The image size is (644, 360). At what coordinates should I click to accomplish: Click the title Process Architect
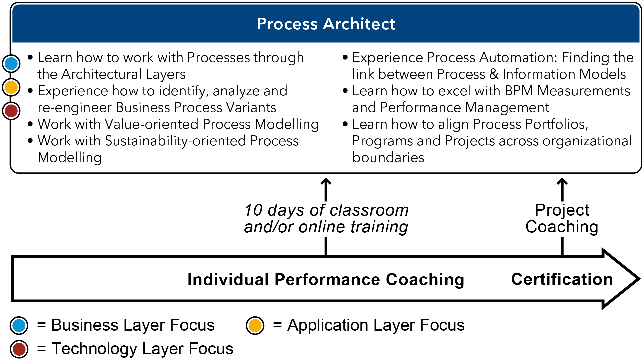coord(326,24)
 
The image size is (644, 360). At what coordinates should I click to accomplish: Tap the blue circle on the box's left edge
coord(11,63)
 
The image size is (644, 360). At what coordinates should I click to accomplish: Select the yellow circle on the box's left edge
coord(11,87)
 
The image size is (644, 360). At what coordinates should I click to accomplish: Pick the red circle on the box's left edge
coord(11,111)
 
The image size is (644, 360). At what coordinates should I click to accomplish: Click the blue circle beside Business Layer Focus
coord(19,326)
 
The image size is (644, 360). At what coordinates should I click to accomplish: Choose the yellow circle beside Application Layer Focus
coord(255,326)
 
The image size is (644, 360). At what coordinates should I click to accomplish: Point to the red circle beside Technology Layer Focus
coord(19,349)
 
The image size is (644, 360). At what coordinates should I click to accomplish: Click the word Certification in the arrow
coord(562,279)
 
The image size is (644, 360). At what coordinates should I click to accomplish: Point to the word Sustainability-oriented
coord(175,141)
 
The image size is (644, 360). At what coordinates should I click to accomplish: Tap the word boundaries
coord(388,158)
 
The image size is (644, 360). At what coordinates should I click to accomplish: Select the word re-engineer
coord(75,108)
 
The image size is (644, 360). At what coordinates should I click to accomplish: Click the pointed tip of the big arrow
coord(639,279)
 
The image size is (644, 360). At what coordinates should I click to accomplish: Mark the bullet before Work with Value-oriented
coord(30,124)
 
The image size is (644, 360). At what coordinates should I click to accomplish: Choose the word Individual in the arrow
coord(228,280)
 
